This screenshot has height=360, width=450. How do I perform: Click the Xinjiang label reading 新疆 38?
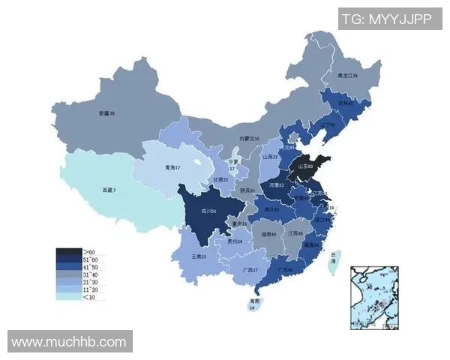tap(107, 113)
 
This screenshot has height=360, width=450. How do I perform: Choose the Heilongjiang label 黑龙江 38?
tap(347, 76)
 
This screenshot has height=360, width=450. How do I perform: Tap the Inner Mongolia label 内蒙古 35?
tap(249, 139)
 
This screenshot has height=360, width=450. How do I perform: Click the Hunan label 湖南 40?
tap(269, 234)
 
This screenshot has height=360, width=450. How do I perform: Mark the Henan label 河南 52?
tap(276, 184)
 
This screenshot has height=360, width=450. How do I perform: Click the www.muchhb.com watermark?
tap(70, 342)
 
